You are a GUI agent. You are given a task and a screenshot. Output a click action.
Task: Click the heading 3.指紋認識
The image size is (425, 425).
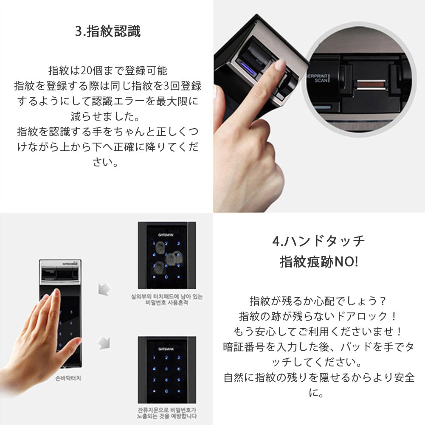[x=107, y=32]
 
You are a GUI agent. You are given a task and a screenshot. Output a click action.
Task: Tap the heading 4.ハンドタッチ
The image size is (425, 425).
[x=318, y=241]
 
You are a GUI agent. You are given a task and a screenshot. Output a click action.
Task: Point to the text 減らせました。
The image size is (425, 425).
[x=107, y=116]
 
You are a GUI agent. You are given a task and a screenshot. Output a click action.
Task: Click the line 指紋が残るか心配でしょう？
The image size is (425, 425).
[x=318, y=301]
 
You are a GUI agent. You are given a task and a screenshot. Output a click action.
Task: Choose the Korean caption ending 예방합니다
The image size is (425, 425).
[x=166, y=417]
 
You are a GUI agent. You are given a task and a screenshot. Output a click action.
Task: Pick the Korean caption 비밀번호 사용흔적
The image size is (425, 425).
[x=166, y=303]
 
